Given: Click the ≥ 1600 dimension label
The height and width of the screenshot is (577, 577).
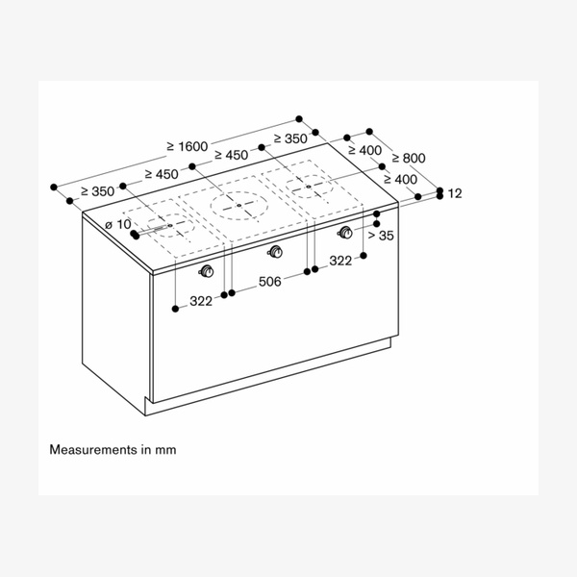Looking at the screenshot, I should (186, 145).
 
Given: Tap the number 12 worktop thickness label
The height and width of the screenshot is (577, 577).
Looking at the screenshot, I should (455, 193).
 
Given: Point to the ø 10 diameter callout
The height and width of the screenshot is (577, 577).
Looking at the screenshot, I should (117, 224).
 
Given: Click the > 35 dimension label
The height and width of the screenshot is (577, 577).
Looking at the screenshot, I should (381, 235).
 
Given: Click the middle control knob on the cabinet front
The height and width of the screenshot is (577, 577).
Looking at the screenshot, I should (276, 253).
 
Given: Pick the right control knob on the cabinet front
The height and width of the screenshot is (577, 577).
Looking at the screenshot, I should (344, 232).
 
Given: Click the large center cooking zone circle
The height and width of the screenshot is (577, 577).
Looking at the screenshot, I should (237, 204).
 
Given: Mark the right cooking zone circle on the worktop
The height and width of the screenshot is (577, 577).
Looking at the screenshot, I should (308, 187).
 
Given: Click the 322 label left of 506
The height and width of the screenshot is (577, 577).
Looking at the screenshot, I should (200, 301).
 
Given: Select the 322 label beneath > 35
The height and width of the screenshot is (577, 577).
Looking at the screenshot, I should (340, 260).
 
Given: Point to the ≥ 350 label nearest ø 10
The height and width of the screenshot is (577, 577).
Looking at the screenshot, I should (97, 191).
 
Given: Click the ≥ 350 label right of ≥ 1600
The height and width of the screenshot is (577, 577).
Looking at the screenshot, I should (289, 139).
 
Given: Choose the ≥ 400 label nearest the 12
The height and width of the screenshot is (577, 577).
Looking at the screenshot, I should (399, 179).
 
